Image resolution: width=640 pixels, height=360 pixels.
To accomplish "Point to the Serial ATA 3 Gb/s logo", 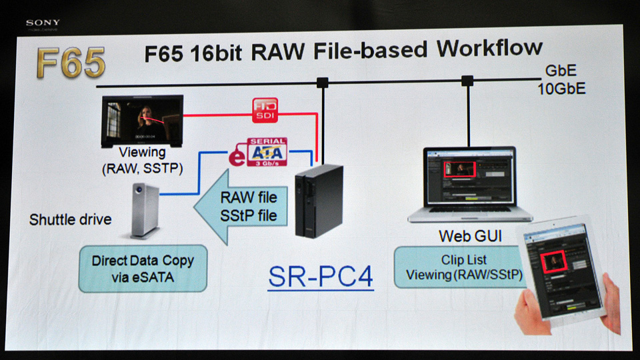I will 266,152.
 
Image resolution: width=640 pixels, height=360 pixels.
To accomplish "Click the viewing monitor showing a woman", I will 142,121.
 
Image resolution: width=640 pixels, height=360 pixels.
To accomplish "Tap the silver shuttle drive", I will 146,211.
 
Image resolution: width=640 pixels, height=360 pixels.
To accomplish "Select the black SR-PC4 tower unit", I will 319,201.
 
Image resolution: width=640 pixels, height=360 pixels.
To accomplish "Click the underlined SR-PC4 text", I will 321,277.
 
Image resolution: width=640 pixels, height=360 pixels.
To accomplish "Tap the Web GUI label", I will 470,235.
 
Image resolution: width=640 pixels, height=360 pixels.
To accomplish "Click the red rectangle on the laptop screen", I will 459,167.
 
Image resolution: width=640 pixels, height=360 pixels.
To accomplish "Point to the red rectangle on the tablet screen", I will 556,263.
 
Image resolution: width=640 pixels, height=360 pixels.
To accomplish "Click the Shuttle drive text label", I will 71,219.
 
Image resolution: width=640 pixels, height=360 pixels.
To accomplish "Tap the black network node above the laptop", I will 467,81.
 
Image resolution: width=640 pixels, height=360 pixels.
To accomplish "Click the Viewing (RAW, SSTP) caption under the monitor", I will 143,160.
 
